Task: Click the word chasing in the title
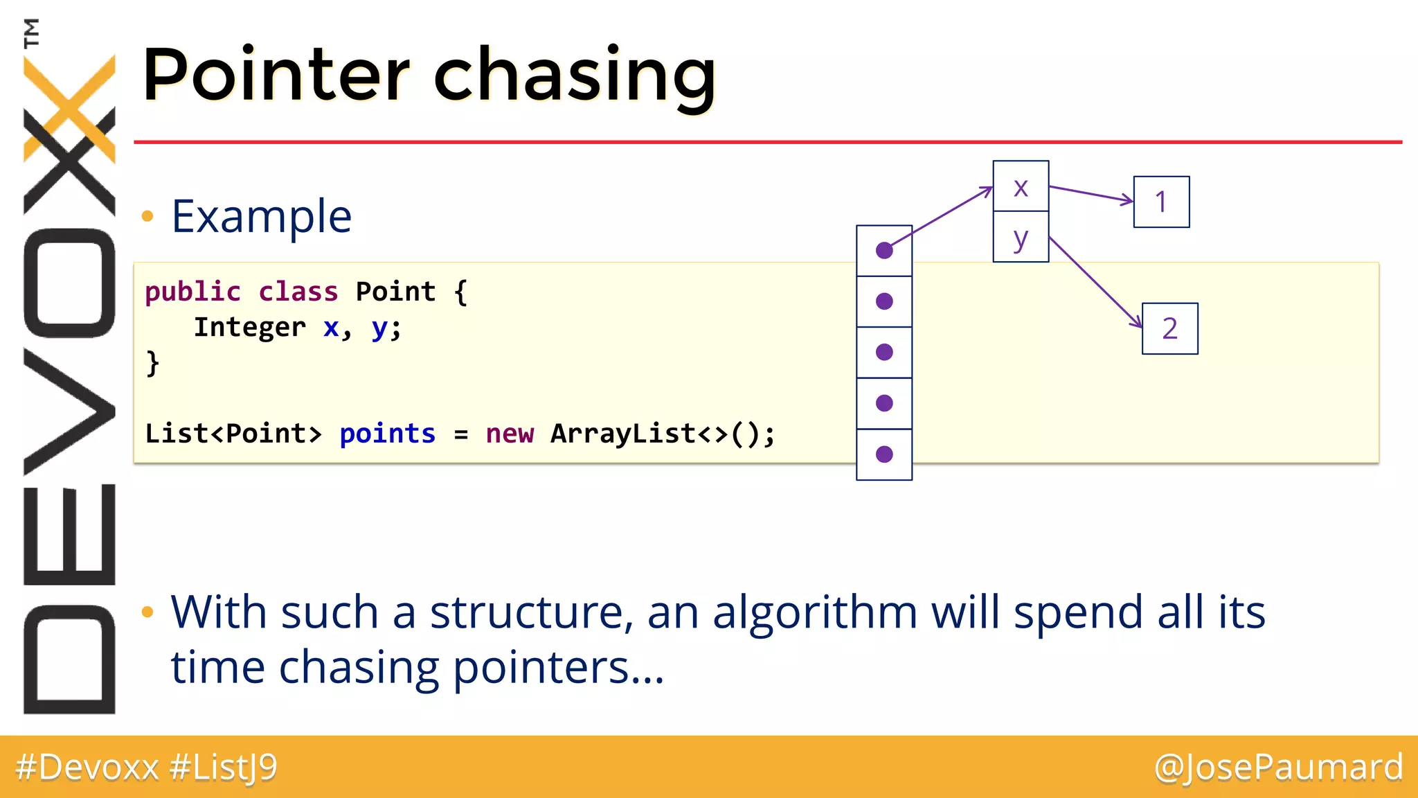coord(575,76)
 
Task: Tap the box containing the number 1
coord(1161,202)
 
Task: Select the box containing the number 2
coord(1169,328)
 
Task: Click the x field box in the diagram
coord(1021,186)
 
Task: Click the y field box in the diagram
coord(1021,238)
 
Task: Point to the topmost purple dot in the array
coord(884,250)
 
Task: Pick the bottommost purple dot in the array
coord(884,454)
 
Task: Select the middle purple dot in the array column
coord(884,352)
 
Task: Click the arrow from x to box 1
coord(1091,194)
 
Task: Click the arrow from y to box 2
coord(1095,283)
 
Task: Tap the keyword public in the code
coord(192,292)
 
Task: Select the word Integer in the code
coord(249,327)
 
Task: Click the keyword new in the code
coord(510,434)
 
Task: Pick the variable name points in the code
coord(387,434)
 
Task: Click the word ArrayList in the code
coord(623,434)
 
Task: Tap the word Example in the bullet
coord(262,216)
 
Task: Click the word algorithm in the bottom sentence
coord(815,612)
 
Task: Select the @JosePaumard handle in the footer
coord(1278,768)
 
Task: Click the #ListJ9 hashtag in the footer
coord(223,768)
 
